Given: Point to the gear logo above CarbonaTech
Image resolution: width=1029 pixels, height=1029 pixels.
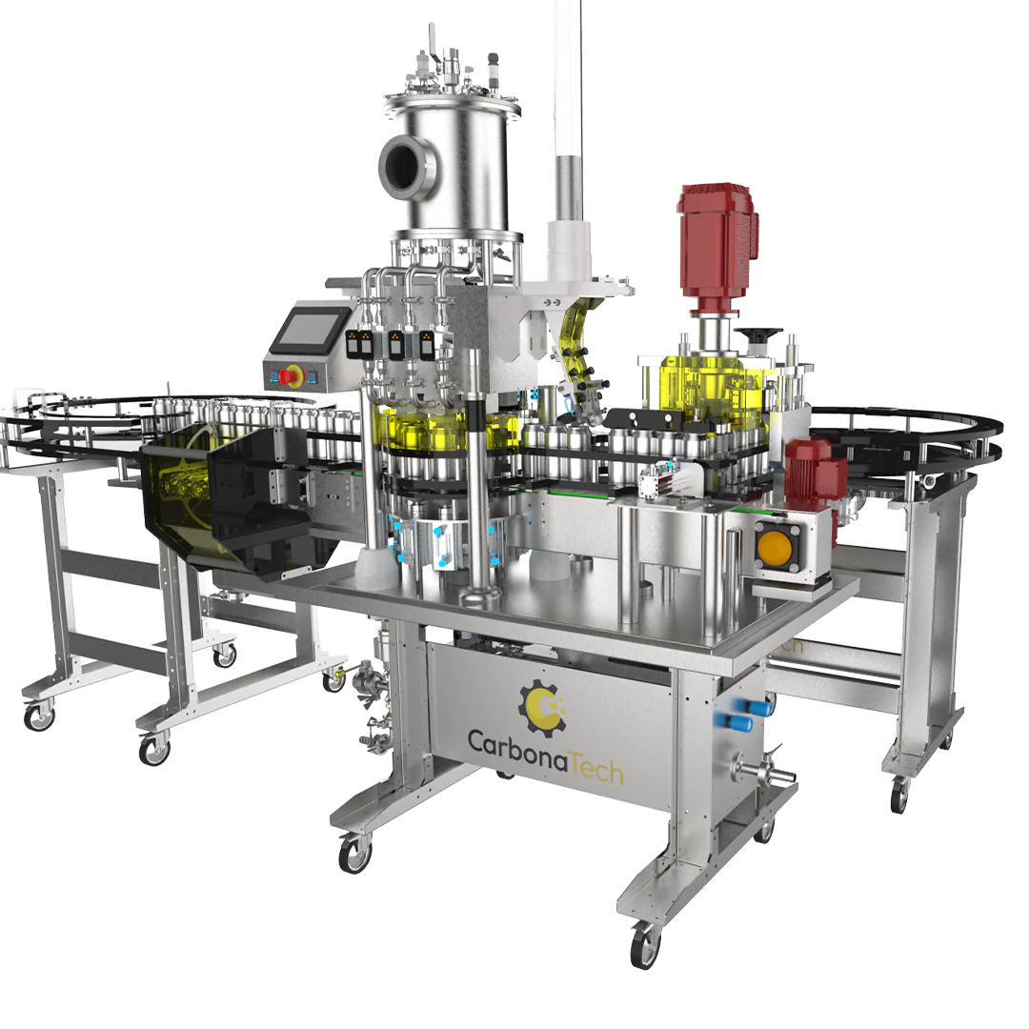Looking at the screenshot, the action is click(543, 706).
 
